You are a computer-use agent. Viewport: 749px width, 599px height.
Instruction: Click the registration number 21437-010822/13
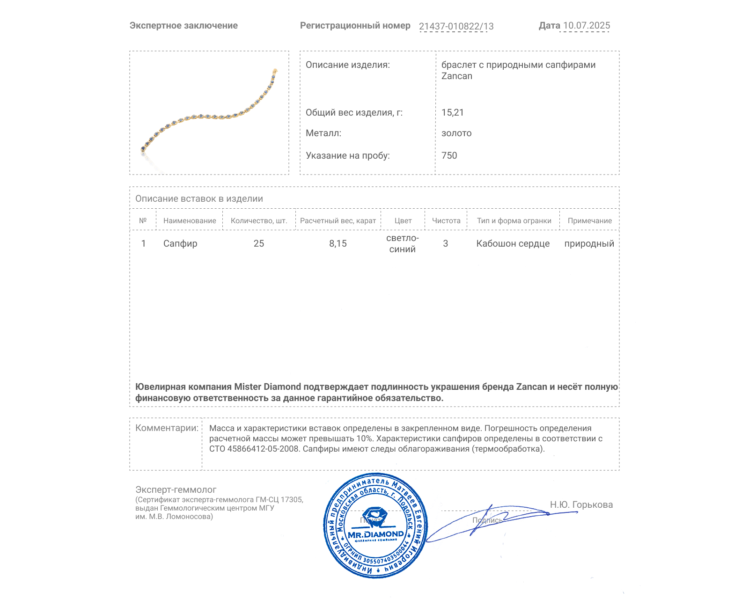click(456, 26)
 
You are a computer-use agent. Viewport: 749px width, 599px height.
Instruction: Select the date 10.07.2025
click(587, 26)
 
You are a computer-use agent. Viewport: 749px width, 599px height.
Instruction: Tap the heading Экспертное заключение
click(184, 26)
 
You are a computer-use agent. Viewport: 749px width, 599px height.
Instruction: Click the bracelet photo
click(209, 112)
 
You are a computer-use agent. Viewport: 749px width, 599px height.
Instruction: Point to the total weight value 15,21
click(452, 112)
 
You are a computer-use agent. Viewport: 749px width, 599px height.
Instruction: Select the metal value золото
click(456, 133)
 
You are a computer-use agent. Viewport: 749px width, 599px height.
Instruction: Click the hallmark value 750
click(449, 155)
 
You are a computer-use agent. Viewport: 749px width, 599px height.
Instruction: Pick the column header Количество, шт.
click(259, 221)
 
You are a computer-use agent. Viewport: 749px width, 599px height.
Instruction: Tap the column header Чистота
click(446, 221)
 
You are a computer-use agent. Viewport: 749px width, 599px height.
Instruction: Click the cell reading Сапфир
click(180, 243)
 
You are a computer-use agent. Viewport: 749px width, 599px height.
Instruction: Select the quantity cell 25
click(259, 243)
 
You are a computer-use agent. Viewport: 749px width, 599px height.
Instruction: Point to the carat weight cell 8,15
click(338, 243)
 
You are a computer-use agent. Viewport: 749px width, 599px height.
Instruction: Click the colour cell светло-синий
click(403, 243)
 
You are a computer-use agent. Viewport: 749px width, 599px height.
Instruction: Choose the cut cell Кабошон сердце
click(513, 243)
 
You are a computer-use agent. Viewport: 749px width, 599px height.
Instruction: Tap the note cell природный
click(589, 243)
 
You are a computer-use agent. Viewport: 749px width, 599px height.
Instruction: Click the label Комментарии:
click(167, 428)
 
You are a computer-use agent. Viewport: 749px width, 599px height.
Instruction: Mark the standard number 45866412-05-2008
click(263, 449)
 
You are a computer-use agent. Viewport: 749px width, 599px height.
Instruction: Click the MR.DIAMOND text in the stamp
click(375, 534)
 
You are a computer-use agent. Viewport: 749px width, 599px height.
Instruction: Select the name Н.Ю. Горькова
click(581, 504)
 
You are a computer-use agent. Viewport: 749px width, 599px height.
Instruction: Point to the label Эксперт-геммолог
click(176, 489)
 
